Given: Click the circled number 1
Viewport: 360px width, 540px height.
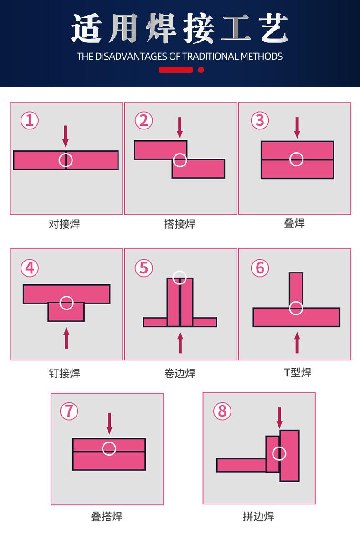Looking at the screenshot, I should click(x=30, y=121).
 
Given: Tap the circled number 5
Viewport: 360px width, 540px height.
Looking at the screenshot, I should click(x=144, y=267).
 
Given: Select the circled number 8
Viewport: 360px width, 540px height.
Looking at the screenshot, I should click(x=222, y=411).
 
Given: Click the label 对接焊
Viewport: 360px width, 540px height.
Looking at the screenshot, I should click(x=65, y=224).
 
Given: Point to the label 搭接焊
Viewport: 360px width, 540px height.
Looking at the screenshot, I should click(x=180, y=224).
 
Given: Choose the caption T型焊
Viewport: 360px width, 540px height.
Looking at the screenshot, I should click(x=298, y=372).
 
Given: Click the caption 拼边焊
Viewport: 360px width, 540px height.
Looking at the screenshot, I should click(x=258, y=516).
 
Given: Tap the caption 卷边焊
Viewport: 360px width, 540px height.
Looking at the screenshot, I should click(x=180, y=373).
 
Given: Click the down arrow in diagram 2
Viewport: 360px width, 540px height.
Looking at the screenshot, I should click(x=180, y=128).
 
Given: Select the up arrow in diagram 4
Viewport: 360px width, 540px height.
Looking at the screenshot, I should click(x=67, y=338).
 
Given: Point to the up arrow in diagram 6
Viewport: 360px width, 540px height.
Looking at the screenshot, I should click(x=297, y=343).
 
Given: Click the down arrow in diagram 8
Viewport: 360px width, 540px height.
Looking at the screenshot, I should click(x=279, y=417).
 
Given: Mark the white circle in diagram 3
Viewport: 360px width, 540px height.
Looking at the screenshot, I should click(x=297, y=159).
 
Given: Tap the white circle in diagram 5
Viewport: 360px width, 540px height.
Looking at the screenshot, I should click(x=180, y=277).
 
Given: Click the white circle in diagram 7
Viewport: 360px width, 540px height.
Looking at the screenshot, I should click(x=109, y=448).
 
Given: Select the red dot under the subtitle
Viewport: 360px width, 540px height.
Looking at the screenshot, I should click(x=201, y=70).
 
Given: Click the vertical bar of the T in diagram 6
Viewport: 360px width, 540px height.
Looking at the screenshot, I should click(x=296, y=287).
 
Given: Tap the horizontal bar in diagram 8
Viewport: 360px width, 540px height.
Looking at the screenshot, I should click(x=241, y=465).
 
